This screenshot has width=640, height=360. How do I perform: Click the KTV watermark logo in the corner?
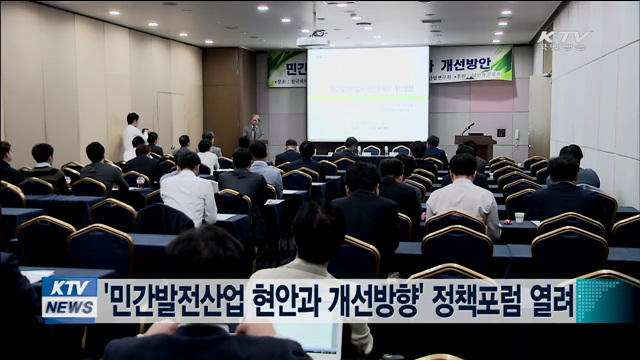pos(565,39)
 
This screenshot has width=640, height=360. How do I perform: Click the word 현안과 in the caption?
pos(283,299)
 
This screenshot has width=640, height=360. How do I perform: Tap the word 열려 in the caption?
pos(554,299)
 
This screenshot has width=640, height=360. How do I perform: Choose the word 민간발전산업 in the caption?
pos(171,299)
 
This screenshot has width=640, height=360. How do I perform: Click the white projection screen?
pos(368,93)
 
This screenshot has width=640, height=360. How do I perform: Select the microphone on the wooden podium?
pos(467,127)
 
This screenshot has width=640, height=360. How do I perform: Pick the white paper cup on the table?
pos(519,217)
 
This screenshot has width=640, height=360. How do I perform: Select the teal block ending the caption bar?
pos(606,300)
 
